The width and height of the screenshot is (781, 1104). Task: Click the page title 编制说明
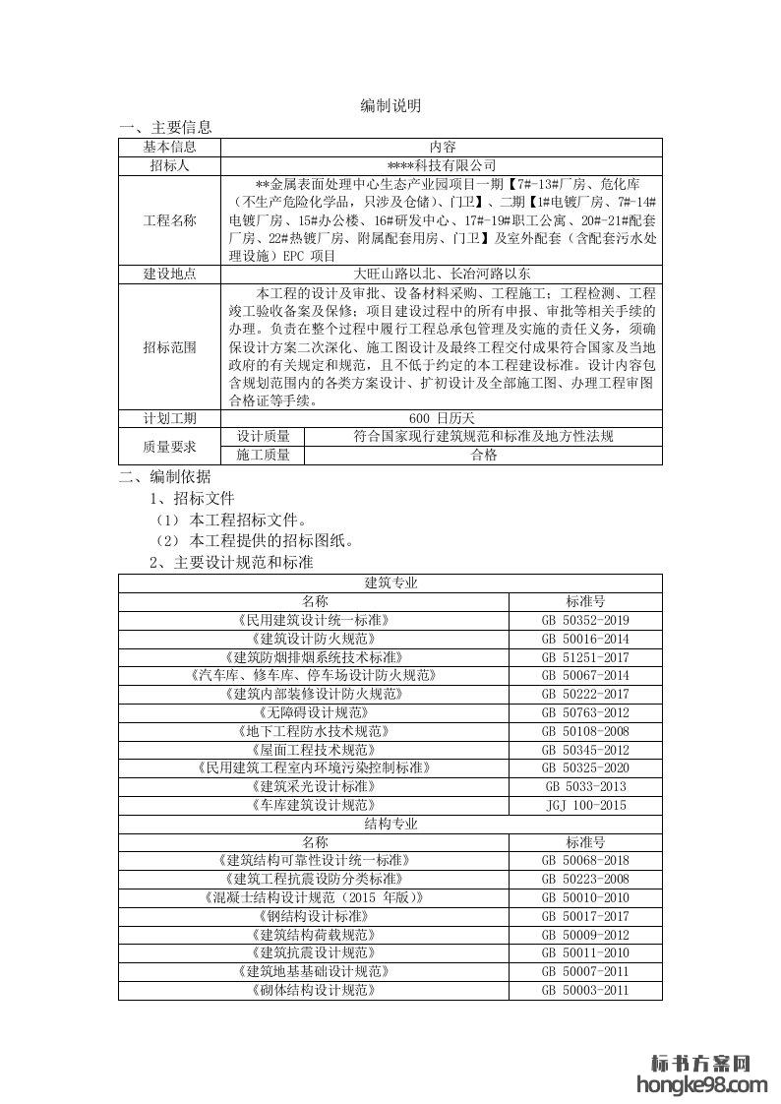click(390, 106)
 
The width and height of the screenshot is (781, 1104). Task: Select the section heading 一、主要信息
click(164, 127)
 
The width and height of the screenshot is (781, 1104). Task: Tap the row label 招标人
click(169, 165)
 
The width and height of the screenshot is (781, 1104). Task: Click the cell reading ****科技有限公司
click(442, 165)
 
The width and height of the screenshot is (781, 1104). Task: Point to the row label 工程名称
click(169, 220)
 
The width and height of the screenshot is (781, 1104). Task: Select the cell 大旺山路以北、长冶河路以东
click(442, 275)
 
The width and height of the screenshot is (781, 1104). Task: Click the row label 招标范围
click(169, 346)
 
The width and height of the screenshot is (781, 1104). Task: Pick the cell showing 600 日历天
click(442, 418)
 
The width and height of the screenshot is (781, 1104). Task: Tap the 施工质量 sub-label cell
click(264, 455)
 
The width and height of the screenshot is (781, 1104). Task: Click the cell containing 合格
click(484, 455)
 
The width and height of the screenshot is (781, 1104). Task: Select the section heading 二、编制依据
click(164, 477)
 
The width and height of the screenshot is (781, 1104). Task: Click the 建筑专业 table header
click(390, 583)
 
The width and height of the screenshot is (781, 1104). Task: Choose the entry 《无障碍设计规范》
click(314, 712)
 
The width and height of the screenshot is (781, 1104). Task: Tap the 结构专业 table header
click(390, 824)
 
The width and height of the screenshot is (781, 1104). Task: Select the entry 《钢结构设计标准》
click(314, 916)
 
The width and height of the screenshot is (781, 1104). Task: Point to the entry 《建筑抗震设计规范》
click(314, 952)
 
